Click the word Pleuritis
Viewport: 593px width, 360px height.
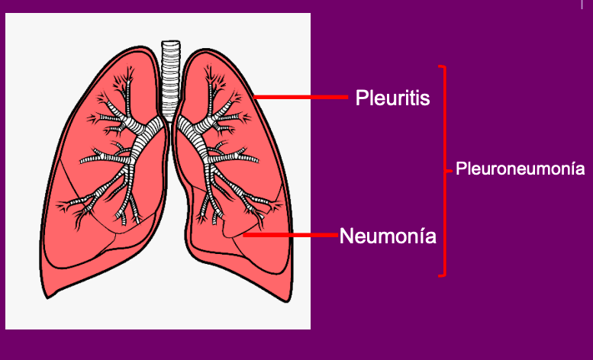[392, 98]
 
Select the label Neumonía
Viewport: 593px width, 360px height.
[388, 236]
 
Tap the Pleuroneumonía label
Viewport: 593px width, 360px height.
[520, 169]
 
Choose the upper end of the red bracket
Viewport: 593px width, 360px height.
[438, 66]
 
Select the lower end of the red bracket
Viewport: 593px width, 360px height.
[438, 275]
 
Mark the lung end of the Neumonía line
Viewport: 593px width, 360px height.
[244, 235]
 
